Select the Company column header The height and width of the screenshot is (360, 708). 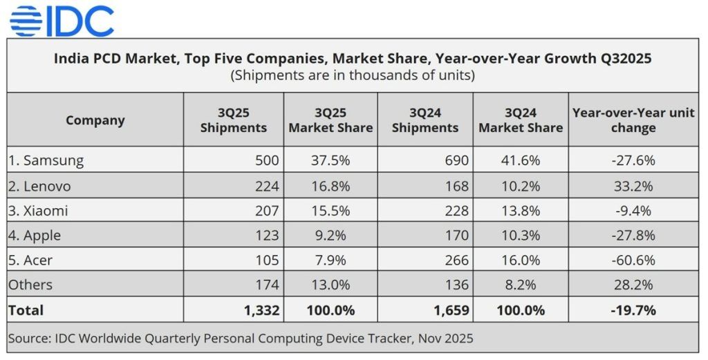tap(95, 120)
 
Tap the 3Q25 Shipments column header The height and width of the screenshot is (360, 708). tap(233, 120)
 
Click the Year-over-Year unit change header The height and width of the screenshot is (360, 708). tap(633, 120)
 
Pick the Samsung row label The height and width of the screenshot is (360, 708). tap(46, 160)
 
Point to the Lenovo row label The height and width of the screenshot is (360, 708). tap(40, 186)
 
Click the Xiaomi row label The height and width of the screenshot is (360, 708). tap(39, 211)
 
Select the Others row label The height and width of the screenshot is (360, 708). tap(30, 285)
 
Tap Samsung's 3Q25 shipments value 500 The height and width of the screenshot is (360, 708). tap(267, 160)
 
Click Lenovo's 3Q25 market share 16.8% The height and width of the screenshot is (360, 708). tap(330, 186)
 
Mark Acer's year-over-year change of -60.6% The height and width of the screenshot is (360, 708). tap(633, 260)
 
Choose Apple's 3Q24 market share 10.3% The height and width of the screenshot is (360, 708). tap(521, 236)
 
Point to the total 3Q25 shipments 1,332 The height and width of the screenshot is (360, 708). tap(261, 310)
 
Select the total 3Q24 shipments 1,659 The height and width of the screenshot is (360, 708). tap(451, 310)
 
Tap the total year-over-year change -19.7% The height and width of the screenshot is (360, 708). tap(633, 310)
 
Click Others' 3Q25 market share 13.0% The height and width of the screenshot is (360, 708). tap(330, 285)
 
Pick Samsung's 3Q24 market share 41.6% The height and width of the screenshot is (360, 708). tap(521, 160)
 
